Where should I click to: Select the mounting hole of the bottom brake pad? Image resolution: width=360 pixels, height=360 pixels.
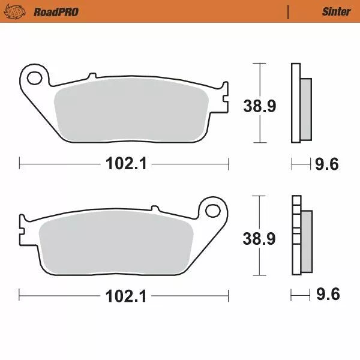point(213,210)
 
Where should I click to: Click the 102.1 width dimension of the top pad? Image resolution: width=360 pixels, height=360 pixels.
point(124,163)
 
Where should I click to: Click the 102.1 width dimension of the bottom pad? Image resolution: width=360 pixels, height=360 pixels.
point(124,295)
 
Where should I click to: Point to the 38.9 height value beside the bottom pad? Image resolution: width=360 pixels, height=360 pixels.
point(259,238)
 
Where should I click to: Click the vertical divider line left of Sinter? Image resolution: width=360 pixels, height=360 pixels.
point(289,11)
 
